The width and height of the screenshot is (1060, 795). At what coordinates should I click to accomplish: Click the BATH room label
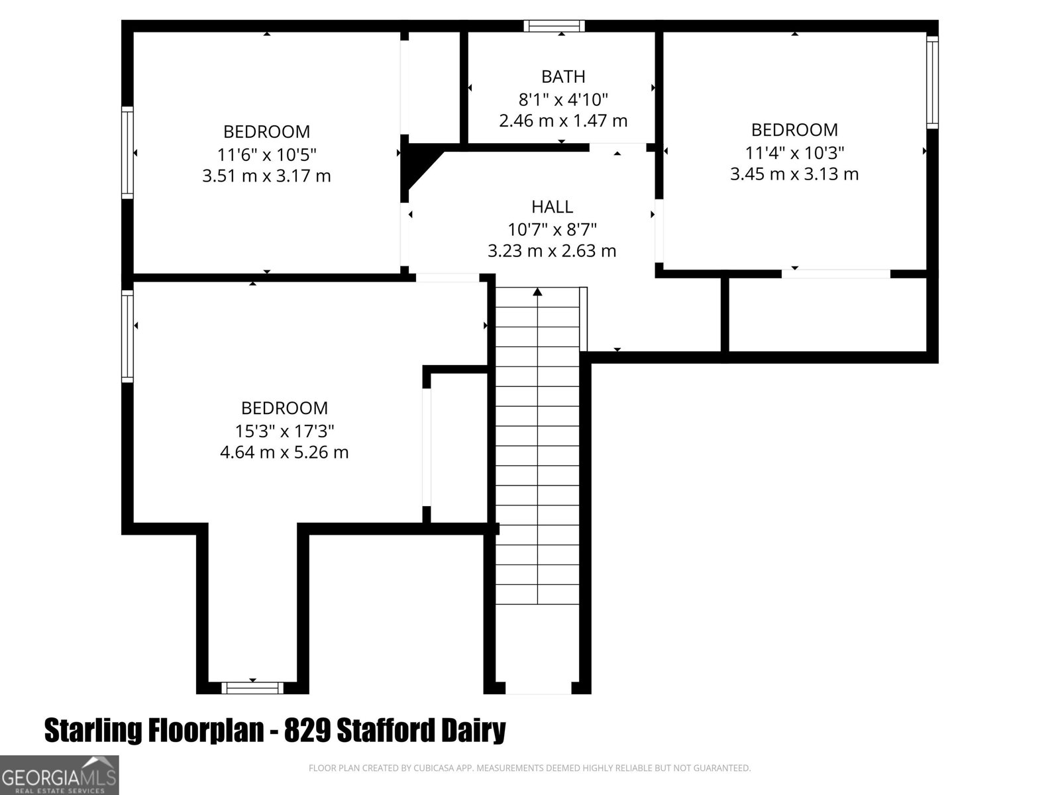[x=563, y=77]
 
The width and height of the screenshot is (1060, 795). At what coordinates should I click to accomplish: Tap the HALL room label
[x=552, y=207]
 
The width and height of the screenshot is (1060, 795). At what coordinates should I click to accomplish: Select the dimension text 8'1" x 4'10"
[x=563, y=99]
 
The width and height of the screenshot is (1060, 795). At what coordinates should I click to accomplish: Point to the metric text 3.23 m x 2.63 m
[x=552, y=251]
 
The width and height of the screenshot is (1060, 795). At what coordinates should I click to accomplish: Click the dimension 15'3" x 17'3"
[x=284, y=431]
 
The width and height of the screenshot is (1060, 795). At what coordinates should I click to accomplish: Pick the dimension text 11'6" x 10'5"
[x=266, y=155]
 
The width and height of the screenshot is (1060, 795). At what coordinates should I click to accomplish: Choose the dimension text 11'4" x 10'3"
[x=794, y=153]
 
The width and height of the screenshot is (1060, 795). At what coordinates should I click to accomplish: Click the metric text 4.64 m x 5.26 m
[x=284, y=452]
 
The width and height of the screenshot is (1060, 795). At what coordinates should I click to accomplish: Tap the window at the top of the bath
[x=555, y=26]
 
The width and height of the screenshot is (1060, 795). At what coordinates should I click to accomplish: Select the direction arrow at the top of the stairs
[x=537, y=291]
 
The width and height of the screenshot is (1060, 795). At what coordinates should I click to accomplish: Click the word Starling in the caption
[x=93, y=731]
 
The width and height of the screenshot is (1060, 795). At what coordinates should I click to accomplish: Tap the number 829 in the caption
[x=307, y=730]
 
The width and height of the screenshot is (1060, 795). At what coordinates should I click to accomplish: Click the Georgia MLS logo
[x=59, y=775]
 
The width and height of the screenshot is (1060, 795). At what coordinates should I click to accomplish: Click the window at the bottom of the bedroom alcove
[x=252, y=688]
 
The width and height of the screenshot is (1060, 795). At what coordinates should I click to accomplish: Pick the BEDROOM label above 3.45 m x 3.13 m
[x=794, y=131]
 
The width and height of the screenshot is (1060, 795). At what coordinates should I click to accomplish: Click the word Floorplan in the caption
[x=206, y=731]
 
